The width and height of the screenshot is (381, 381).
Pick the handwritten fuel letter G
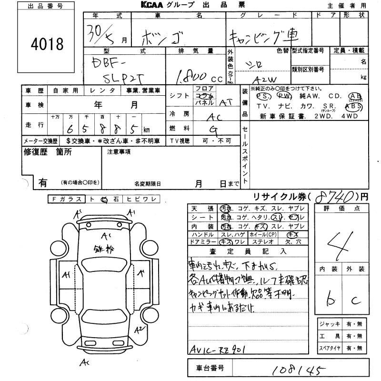point(216,130)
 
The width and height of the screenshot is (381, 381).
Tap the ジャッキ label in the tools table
point(330,324)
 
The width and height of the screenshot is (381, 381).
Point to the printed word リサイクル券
point(276,196)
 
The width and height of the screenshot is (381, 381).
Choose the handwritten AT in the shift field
point(225,102)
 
